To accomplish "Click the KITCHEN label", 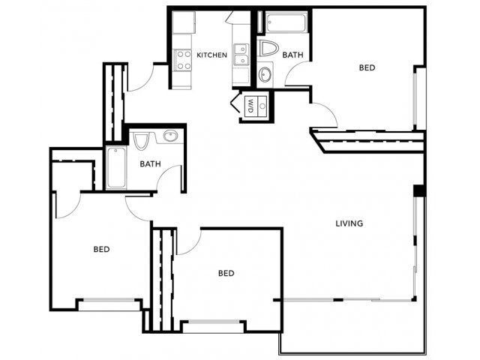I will [x=211, y=55].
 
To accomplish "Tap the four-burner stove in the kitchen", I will [x=183, y=59].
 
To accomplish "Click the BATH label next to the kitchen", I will [x=292, y=55].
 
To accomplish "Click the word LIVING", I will [x=349, y=223].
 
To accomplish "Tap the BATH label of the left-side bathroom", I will [x=151, y=163].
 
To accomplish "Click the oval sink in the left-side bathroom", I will [x=169, y=136].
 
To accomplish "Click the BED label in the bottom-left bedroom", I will [x=102, y=249].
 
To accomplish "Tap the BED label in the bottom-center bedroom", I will [x=226, y=273].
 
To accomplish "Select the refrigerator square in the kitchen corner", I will [x=183, y=22].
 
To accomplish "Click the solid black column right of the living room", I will [x=419, y=190].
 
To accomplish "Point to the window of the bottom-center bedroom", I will [x=214, y=325].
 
